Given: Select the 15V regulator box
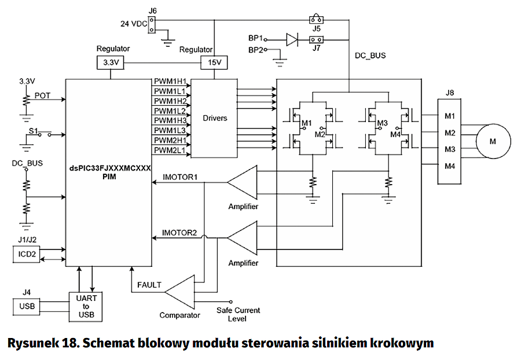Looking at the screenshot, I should [x=213, y=62].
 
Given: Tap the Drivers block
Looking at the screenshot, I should [x=215, y=118].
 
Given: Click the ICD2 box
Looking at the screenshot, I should [x=27, y=254].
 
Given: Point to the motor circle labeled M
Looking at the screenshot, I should [x=493, y=141].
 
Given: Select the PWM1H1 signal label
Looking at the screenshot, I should [x=170, y=82].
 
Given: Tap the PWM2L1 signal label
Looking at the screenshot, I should [x=170, y=150].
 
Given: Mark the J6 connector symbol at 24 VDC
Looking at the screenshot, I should [x=152, y=24].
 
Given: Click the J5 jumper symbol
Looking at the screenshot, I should [x=316, y=19].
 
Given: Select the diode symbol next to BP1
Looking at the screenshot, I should [x=293, y=39].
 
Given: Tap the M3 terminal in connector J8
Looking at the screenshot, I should [x=449, y=149].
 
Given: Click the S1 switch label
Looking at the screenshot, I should [x=33, y=131].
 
